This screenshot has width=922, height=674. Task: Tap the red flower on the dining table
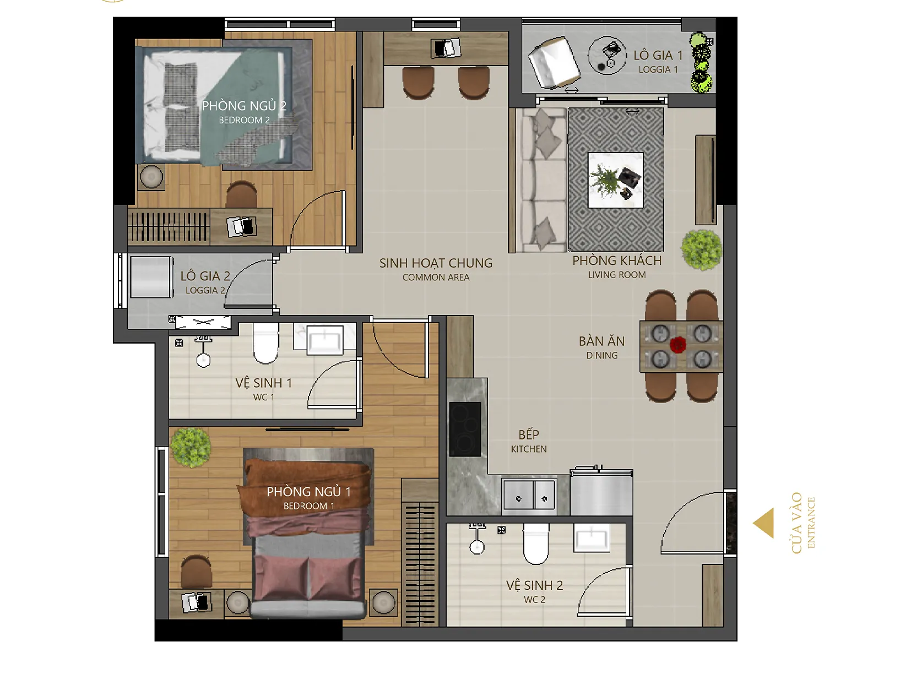tap(677, 345)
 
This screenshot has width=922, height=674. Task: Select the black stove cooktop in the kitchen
tap(465, 429)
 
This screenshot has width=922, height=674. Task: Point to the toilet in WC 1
tap(265, 343)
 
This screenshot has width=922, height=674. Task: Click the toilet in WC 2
tap(536, 543)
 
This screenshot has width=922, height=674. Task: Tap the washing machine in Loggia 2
tap(151, 277)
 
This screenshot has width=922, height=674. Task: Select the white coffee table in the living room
tap(615, 180)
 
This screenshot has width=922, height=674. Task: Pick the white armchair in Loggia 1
tap(554, 63)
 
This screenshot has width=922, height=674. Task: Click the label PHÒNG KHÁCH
tap(616, 260)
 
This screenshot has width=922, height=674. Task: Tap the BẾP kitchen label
tap(529, 434)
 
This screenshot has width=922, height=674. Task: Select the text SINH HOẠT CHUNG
tap(436, 263)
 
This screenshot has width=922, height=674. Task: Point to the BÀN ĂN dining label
tap(602, 341)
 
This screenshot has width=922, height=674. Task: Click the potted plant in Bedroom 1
tap(191, 447)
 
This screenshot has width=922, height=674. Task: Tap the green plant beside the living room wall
tap(701, 250)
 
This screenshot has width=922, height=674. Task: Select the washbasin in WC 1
tap(325, 339)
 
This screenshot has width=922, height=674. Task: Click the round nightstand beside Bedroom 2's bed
tap(151, 177)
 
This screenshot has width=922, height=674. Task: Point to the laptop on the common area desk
tap(446, 48)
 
